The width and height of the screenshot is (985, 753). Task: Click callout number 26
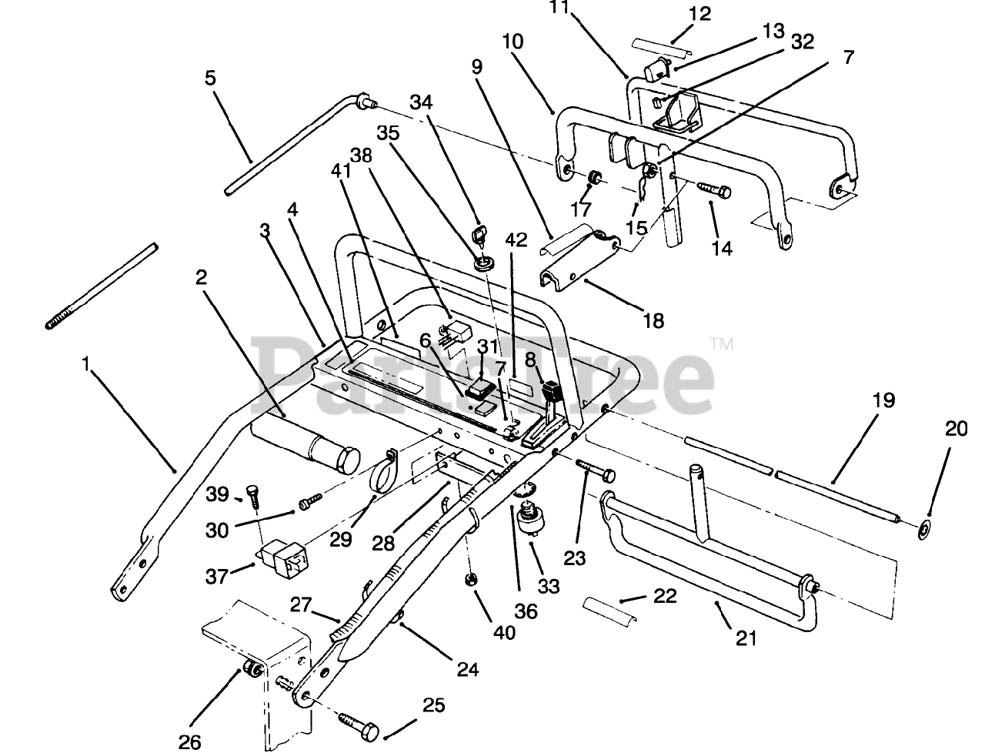tap(189, 741)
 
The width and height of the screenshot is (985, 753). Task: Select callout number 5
tap(210, 78)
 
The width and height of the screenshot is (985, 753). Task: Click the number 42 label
tap(516, 239)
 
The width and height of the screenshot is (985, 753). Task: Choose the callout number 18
tap(653, 320)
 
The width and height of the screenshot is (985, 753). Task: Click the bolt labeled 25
tap(358, 725)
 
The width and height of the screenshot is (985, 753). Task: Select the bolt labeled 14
tap(714, 187)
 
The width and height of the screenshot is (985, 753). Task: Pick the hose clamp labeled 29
tap(388, 471)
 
